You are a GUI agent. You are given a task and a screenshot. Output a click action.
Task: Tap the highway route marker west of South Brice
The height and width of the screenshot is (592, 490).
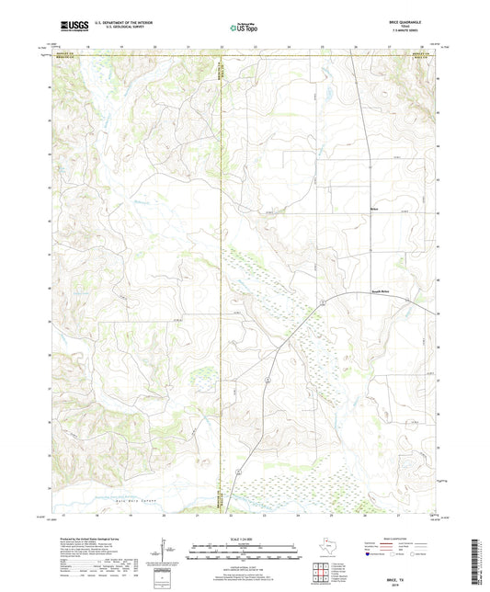tap(323, 303)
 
